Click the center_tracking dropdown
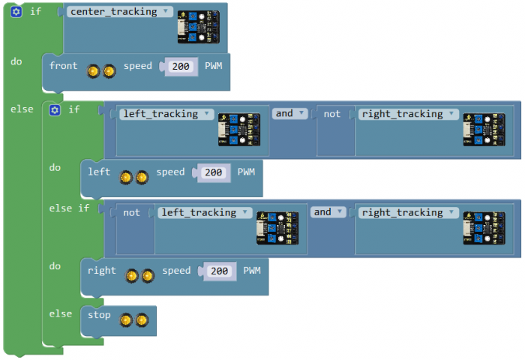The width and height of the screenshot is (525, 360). tap(120, 12)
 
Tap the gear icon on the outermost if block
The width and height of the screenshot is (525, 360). tap(16, 12)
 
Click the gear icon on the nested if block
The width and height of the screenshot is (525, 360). tap(54, 109)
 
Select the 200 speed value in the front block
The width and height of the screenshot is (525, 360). tap(179, 66)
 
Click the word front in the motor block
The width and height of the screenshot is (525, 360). tap(63, 66)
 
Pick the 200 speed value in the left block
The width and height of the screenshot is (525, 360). tap(214, 172)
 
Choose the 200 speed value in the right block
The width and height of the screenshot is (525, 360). tap(219, 271)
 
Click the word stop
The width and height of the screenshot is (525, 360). tap(99, 315)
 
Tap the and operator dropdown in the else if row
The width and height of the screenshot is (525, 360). tap(328, 212)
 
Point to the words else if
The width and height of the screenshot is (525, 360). tap(69, 208)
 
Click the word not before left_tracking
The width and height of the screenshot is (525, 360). tap(132, 212)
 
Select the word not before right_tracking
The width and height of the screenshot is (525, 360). tap(331, 114)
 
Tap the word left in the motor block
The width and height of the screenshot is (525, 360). tap(99, 172)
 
